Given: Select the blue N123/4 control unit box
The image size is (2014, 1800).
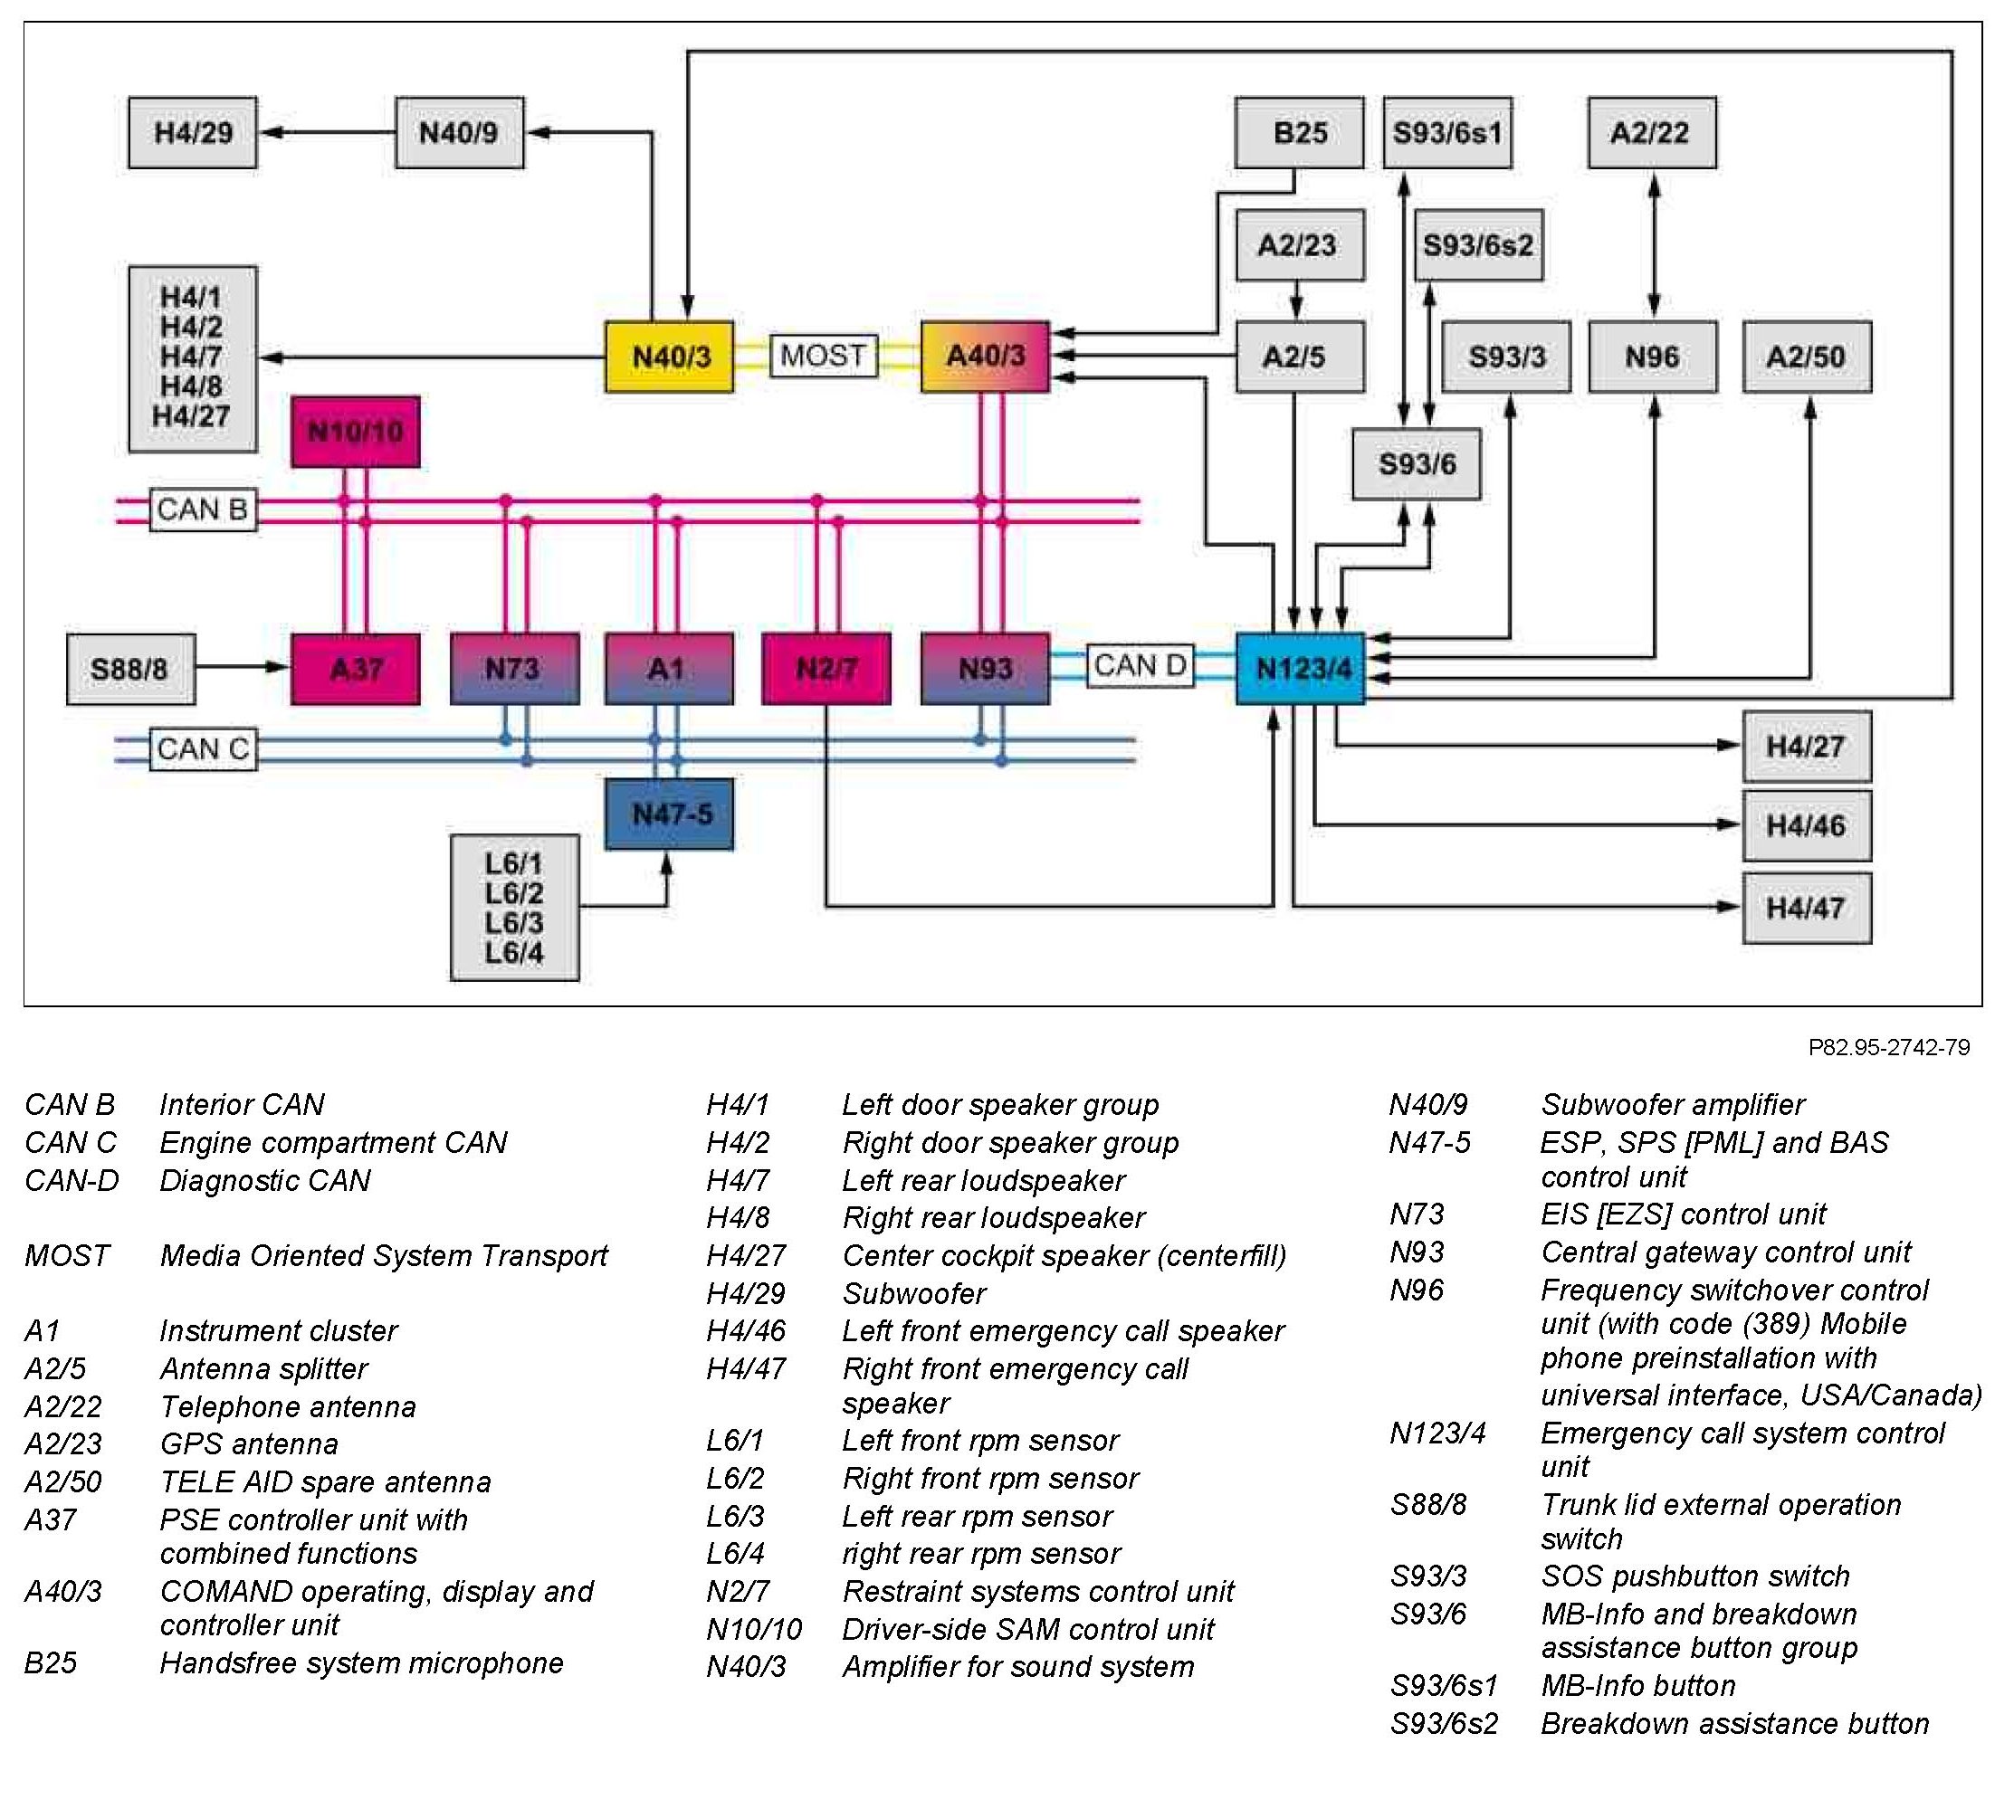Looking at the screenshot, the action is [1301, 669].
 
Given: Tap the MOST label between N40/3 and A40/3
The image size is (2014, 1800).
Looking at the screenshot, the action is [824, 356].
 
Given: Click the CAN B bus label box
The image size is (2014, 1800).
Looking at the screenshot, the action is [203, 510].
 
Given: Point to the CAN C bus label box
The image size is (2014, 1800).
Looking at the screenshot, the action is [203, 749].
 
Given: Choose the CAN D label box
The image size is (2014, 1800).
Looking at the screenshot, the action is [1141, 665].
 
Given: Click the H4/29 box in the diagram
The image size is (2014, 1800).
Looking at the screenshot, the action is [193, 132].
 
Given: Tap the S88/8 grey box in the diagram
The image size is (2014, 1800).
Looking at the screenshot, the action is [130, 670].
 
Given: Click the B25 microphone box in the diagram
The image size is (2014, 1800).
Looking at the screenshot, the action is [1300, 132].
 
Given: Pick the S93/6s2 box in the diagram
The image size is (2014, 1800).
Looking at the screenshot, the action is [1479, 245].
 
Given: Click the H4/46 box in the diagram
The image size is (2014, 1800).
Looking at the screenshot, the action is [1808, 826].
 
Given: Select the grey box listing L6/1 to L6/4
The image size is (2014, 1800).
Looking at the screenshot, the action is [514, 908].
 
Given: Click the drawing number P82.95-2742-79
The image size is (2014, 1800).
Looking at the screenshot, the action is [1888, 1047].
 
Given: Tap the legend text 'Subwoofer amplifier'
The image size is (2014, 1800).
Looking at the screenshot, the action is [1673, 1105].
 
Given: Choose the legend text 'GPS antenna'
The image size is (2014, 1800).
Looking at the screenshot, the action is [249, 1444].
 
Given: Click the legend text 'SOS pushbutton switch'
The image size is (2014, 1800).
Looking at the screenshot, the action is [1695, 1576].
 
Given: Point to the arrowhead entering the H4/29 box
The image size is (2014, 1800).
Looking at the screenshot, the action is [270, 132].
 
